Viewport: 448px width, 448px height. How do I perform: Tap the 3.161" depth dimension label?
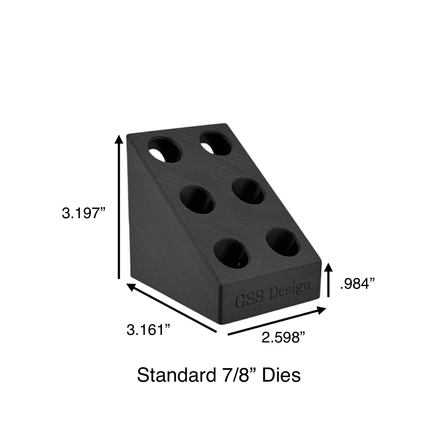point(148,330)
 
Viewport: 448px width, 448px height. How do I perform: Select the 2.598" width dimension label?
point(283,337)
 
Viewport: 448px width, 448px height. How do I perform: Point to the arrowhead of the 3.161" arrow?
point(131,286)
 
